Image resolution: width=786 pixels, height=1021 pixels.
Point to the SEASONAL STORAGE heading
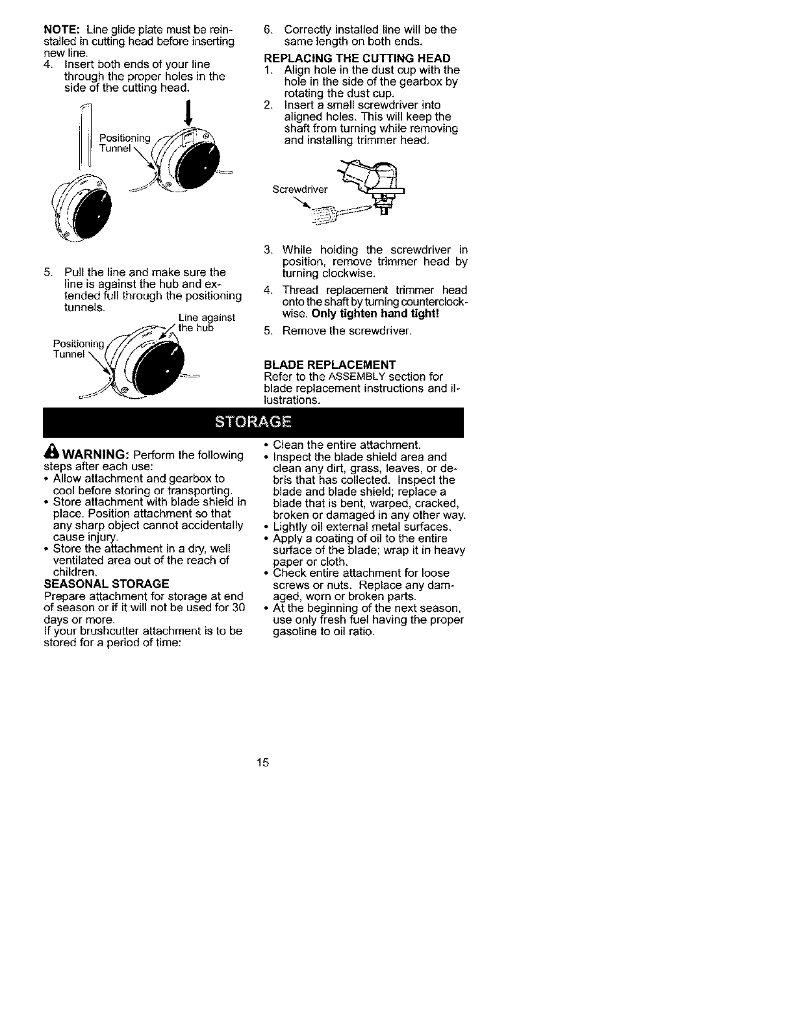107,583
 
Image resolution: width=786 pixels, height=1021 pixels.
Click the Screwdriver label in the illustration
300,190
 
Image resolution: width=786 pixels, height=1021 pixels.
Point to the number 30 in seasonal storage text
238,607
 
